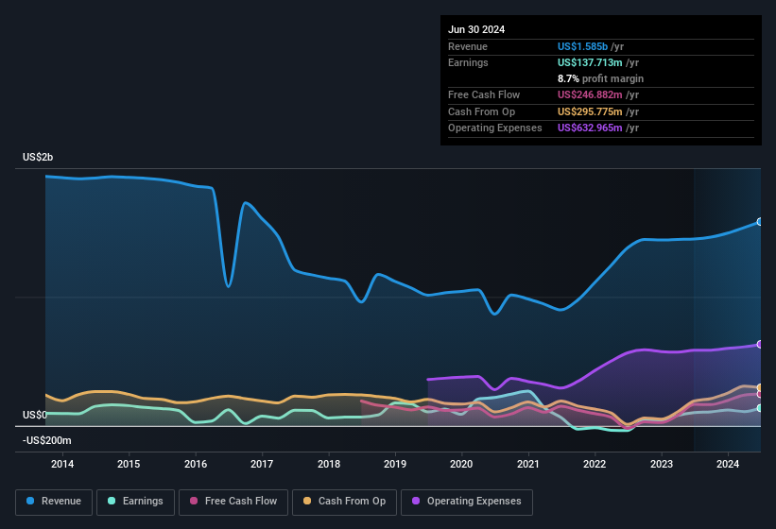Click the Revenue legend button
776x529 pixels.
coord(55,502)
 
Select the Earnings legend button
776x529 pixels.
coord(136,502)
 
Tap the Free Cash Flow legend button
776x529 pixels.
coord(234,502)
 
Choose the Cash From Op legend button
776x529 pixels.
coord(343,502)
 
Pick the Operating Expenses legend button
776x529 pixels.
coord(467,502)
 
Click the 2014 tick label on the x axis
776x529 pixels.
coord(62,464)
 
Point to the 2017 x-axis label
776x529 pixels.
coord(262,464)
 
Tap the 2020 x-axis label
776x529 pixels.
coord(461,464)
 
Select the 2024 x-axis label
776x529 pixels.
coord(728,464)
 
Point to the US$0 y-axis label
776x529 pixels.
coord(35,415)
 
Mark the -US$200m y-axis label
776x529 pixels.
coord(46,440)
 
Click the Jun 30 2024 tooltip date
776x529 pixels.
coord(476,29)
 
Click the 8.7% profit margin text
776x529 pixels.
coord(600,78)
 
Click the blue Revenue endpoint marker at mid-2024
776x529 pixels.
coord(760,222)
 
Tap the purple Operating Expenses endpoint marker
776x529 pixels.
coord(760,345)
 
